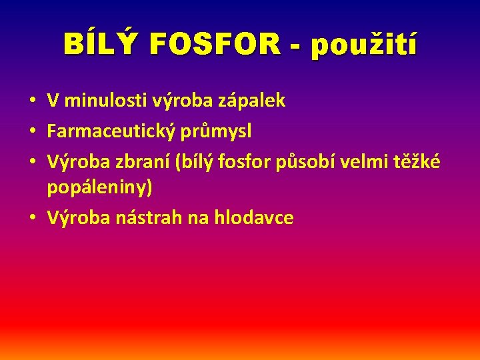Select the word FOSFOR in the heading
coord(215,45)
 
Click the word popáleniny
coord(99,188)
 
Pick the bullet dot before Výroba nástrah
coord(33,219)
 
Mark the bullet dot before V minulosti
coord(33,101)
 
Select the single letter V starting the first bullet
coord(52,101)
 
